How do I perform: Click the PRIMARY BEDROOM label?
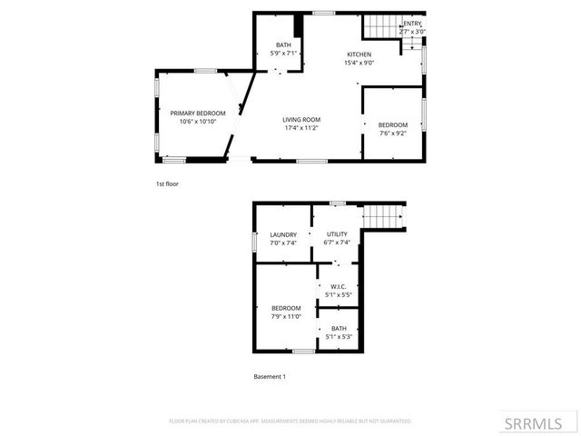(x=198, y=113)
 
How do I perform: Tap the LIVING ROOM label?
(x=300, y=120)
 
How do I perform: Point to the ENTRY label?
(x=413, y=24)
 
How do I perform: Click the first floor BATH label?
(x=283, y=45)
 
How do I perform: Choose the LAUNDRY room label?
(x=283, y=234)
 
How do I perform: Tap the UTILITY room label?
(x=338, y=234)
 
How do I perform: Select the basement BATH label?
(x=339, y=329)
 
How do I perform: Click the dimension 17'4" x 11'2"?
(x=300, y=128)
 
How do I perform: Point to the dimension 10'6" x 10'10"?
(x=198, y=121)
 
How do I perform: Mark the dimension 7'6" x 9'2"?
(x=393, y=134)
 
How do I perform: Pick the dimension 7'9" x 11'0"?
(x=286, y=316)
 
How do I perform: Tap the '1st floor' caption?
(x=167, y=184)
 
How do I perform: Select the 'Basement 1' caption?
(x=270, y=376)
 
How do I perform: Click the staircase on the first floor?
(x=381, y=26)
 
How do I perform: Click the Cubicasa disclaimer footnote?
(x=290, y=421)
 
